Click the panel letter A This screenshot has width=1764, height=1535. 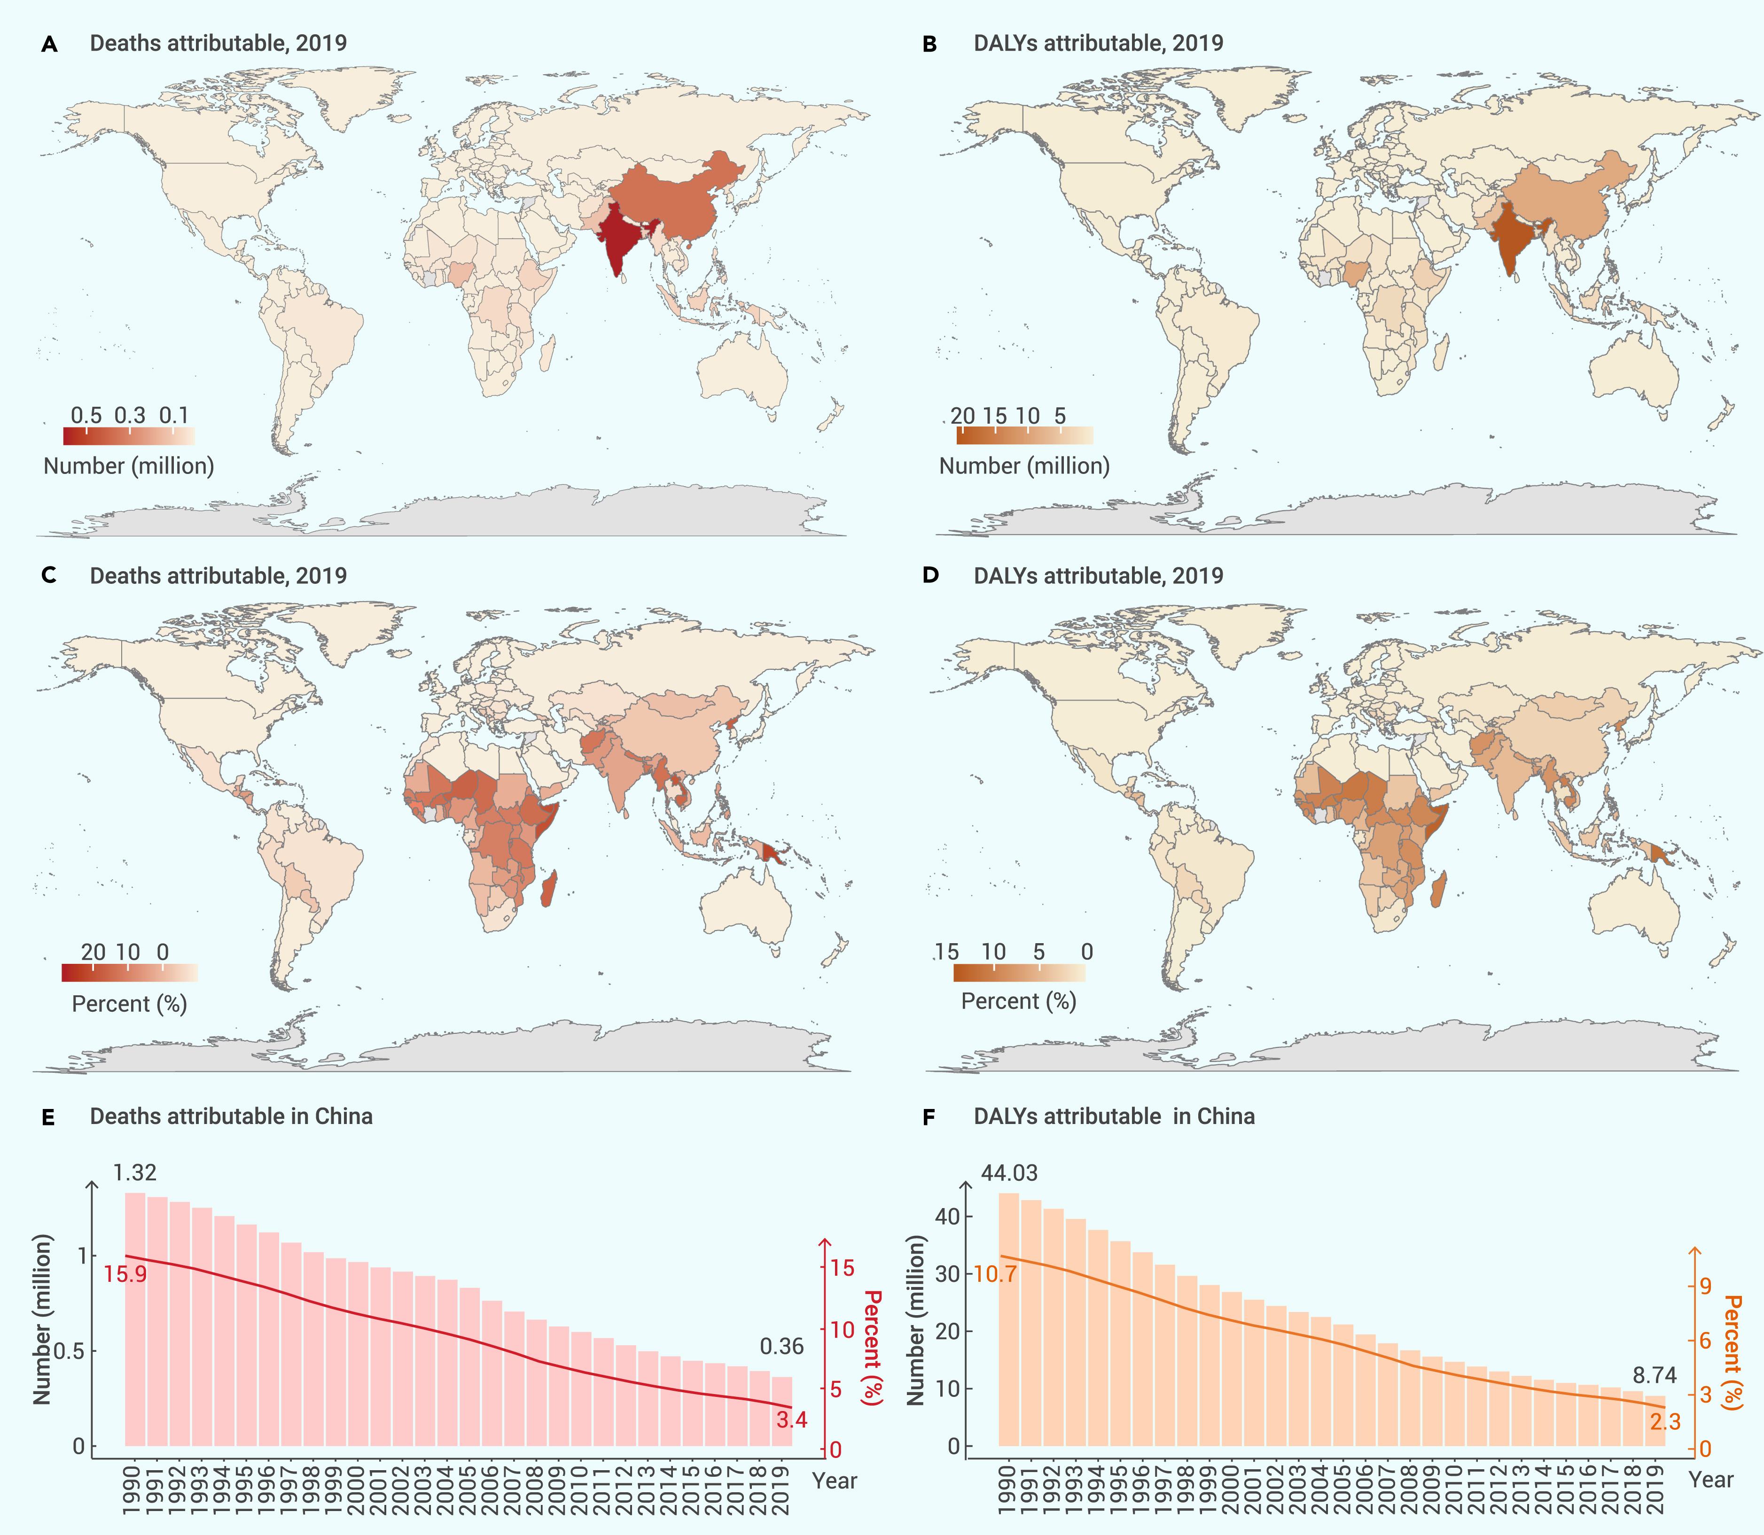point(50,45)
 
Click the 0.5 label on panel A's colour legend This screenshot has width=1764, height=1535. point(86,415)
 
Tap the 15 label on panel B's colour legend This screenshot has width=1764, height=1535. point(995,415)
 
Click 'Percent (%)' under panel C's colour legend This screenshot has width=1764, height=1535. point(129,1003)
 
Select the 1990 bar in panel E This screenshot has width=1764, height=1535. point(135,1319)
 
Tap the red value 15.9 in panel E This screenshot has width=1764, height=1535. point(125,1274)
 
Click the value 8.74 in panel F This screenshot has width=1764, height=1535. point(1655,1375)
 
